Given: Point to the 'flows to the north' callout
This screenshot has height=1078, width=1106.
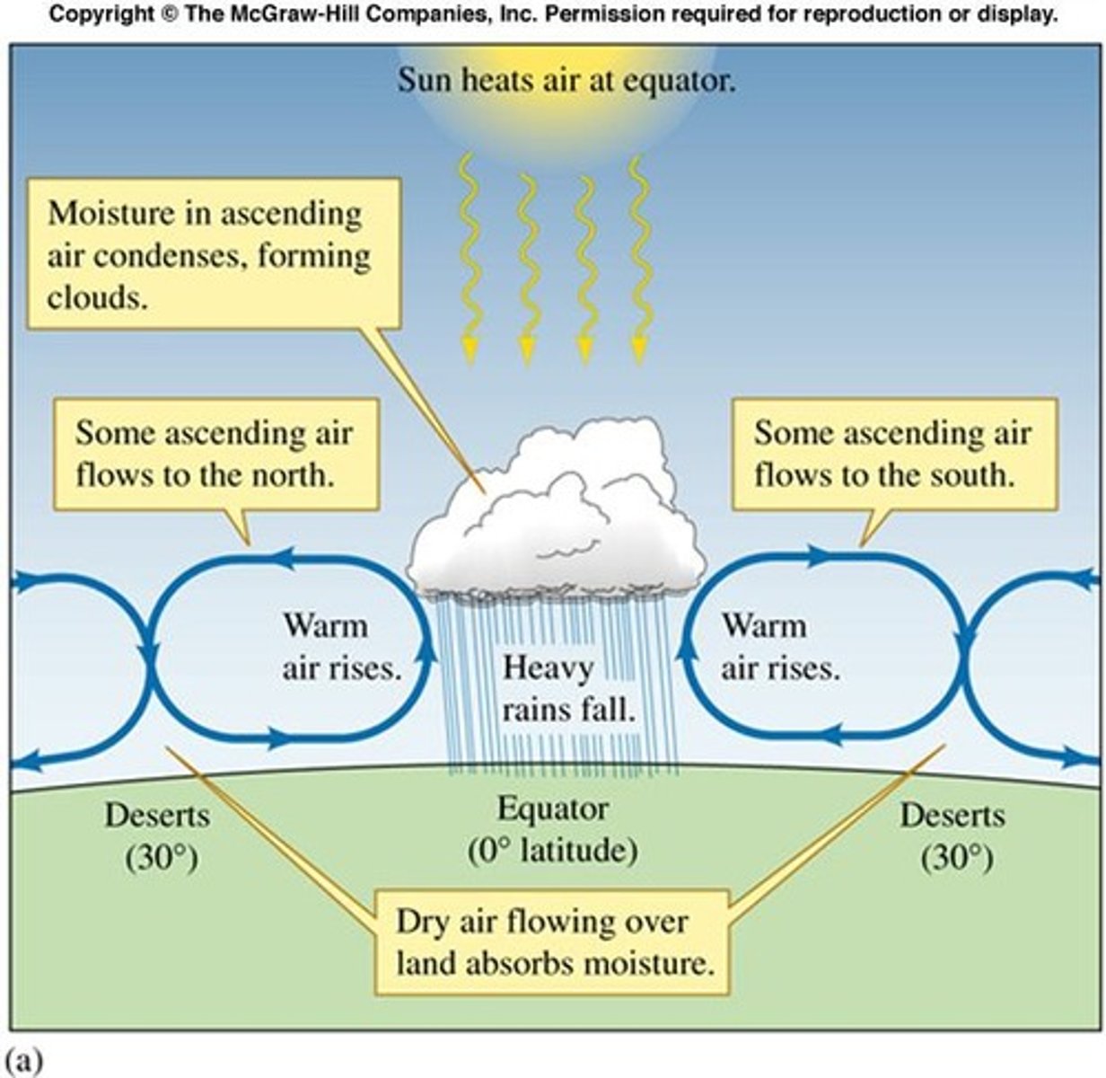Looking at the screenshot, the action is point(214,454).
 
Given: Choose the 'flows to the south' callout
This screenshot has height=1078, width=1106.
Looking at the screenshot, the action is point(893,454).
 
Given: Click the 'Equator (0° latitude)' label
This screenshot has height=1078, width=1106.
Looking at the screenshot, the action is point(553,828).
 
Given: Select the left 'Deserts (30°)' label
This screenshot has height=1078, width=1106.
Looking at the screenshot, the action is point(158,836).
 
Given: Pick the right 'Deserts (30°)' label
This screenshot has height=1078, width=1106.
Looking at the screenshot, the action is point(953,836).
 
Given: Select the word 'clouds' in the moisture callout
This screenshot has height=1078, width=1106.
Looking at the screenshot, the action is point(97,297).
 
